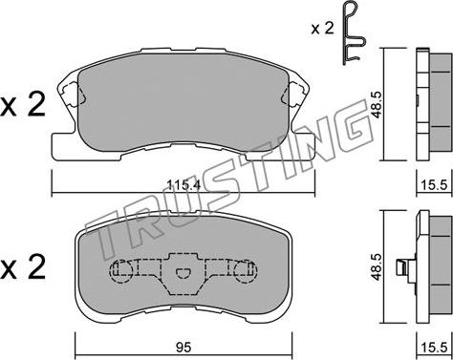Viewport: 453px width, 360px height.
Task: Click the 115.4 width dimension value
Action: coord(183,185)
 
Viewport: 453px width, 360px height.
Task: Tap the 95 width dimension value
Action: coord(183,348)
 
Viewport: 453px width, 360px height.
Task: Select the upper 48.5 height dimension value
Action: coord(377,104)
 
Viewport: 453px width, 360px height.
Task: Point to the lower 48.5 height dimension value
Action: coord(377,266)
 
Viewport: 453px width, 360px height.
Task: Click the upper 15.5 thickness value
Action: coord(435,185)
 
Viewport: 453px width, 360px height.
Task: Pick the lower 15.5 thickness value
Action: coord(435,348)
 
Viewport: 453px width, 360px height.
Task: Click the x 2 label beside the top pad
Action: coord(23,105)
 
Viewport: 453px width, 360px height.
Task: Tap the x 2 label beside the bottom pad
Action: coord(23,267)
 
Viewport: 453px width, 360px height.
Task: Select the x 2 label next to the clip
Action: coord(322,29)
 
